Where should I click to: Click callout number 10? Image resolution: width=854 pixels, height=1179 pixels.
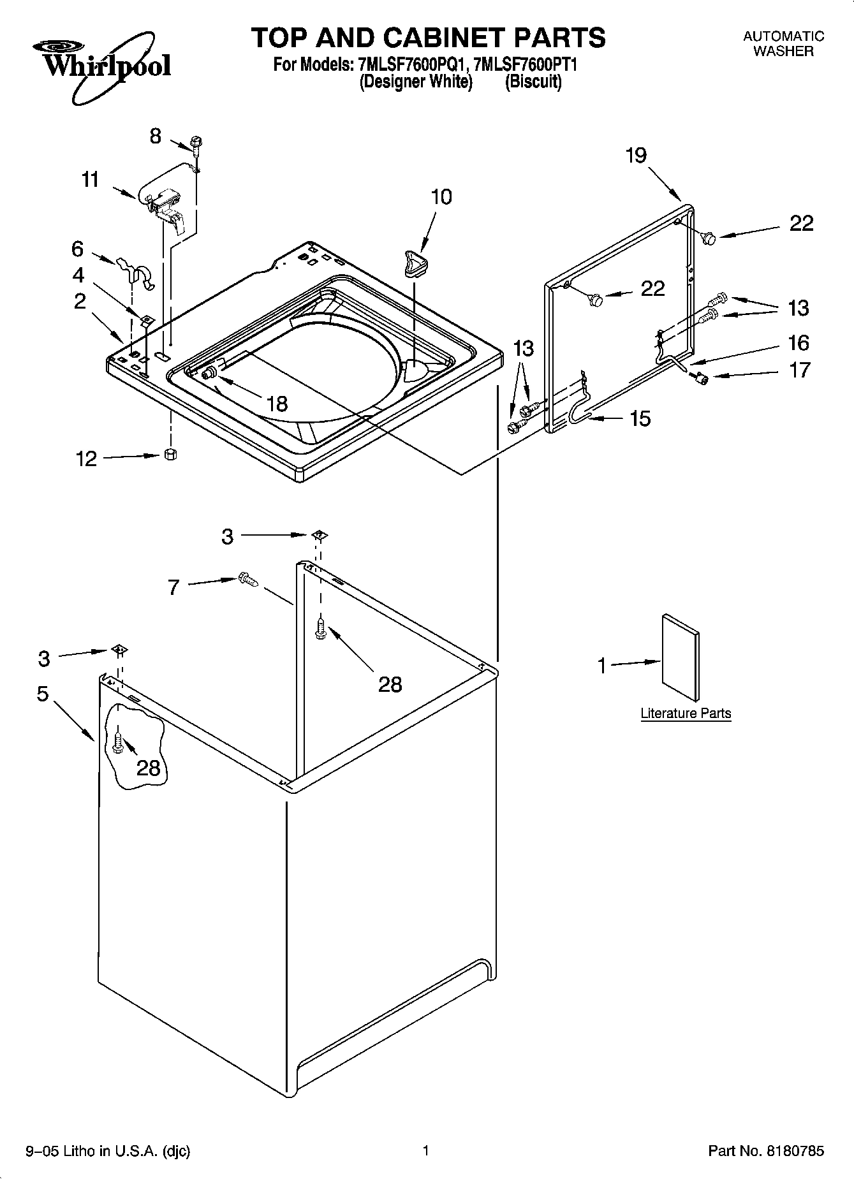click(x=441, y=196)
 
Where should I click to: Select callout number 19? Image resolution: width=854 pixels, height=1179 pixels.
click(x=636, y=155)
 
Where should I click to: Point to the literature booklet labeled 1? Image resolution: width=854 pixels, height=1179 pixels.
click(x=681, y=657)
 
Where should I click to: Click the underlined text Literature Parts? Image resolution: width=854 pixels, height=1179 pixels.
click(x=686, y=713)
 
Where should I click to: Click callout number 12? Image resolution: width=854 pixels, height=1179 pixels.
click(x=86, y=458)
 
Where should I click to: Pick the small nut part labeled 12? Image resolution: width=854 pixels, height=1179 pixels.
click(x=170, y=454)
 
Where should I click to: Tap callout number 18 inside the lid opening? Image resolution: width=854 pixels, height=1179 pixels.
click(x=277, y=404)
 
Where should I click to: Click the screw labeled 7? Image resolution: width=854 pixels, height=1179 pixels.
click(x=247, y=579)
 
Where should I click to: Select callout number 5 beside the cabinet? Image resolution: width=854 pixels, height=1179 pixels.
click(x=43, y=693)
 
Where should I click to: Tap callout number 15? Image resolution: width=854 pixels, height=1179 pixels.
click(x=640, y=418)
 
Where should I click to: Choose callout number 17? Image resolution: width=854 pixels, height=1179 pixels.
click(x=799, y=369)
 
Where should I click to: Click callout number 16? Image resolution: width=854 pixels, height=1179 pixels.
click(x=799, y=343)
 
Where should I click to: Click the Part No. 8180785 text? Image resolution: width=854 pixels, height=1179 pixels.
click(x=766, y=1150)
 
